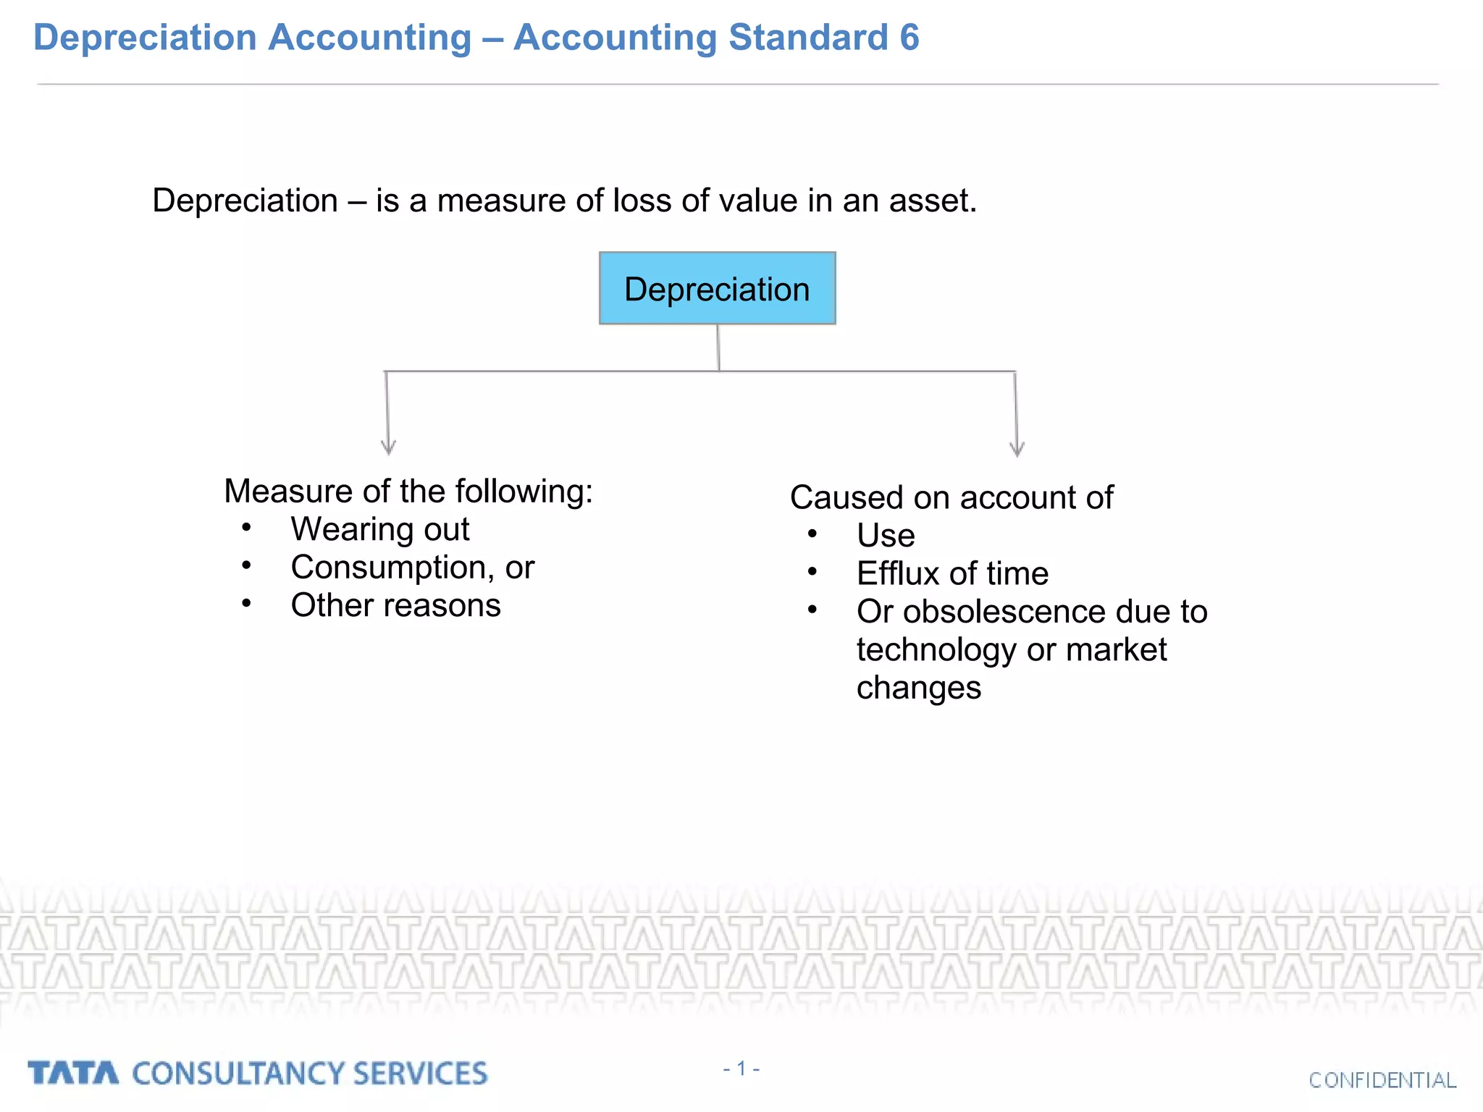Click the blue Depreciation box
point(717,288)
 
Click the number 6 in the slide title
point(909,38)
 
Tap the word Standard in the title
point(807,38)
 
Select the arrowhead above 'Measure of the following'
point(389,447)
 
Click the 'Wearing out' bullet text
point(380,529)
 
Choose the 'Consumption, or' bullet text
point(412,568)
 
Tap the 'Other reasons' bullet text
point(395,605)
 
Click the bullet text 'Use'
point(886,536)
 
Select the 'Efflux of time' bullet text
point(952,574)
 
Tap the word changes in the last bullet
point(918,688)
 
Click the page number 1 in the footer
point(741,1069)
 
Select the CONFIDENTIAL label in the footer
point(1382,1080)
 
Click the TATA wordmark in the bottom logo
point(73,1073)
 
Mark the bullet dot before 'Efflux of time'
point(812,572)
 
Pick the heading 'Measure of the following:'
point(408,491)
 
